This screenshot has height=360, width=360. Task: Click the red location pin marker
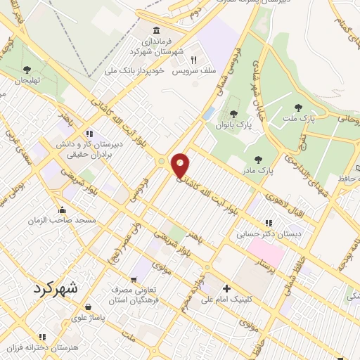[181, 166]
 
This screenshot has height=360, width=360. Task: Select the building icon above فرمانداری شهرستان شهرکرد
[155, 31]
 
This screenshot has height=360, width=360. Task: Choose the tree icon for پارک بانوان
[233, 114]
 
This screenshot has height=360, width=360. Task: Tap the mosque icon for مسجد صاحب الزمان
[63, 209]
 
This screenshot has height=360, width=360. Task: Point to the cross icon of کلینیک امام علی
[226, 288]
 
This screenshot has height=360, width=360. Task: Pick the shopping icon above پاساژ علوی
[88, 307]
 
